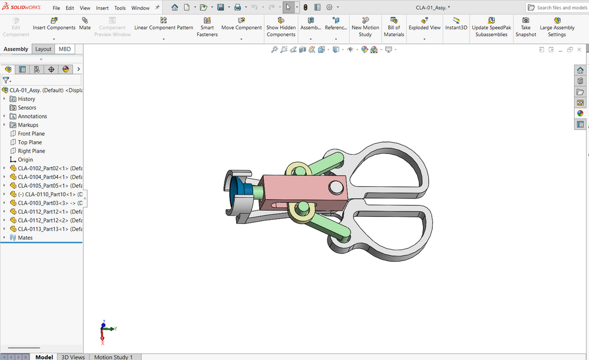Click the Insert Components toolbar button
(x=54, y=24)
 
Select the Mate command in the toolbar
(x=85, y=24)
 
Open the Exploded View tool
(x=425, y=24)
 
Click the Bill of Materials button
(x=393, y=27)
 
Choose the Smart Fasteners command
(x=207, y=27)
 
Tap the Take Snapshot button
(x=525, y=27)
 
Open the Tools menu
(x=120, y=8)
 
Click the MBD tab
(x=65, y=49)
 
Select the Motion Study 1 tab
(x=114, y=356)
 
